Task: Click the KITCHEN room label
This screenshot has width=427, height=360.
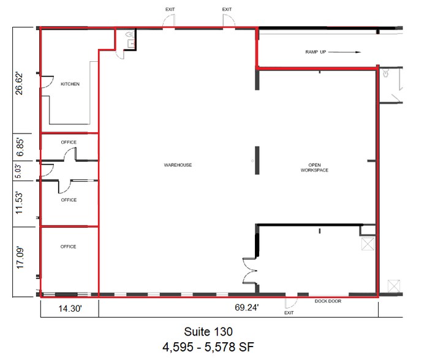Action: (x=69, y=84)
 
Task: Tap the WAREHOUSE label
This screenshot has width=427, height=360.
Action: (x=178, y=165)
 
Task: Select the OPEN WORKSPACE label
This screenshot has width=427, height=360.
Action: (x=314, y=167)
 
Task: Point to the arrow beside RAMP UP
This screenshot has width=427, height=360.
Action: (x=346, y=53)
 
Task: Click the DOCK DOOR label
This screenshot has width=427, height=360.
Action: (x=328, y=301)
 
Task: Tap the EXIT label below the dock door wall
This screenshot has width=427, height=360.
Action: (x=289, y=312)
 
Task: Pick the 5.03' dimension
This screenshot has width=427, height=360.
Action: (x=20, y=170)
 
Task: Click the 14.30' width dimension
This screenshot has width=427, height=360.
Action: (x=69, y=310)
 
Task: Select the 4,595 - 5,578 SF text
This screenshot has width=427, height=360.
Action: (x=207, y=347)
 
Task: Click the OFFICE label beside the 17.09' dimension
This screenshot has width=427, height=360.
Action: (x=69, y=247)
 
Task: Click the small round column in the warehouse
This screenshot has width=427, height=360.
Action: (x=251, y=161)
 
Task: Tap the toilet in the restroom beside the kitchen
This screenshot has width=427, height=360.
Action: (x=129, y=36)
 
